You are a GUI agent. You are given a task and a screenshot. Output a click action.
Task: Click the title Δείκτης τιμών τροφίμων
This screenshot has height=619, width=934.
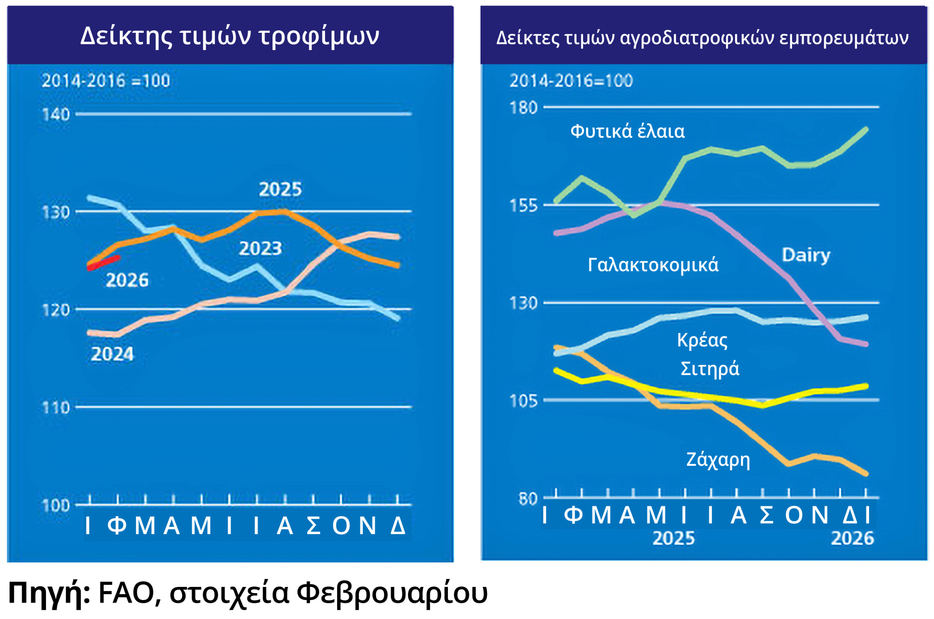[x=229, y=36]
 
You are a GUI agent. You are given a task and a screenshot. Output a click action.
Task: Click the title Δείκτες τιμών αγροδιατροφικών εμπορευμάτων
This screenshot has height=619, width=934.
[x=702, y=38]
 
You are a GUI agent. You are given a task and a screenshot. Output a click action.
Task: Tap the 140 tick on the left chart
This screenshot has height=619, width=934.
[x=56, y=114]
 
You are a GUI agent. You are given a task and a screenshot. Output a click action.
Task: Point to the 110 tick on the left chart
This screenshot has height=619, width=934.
[x=56, y=408]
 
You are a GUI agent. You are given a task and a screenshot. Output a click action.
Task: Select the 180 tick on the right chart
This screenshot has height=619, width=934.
[x=524, y=108]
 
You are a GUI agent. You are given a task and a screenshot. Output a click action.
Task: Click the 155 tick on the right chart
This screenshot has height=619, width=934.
[x=524, y=206]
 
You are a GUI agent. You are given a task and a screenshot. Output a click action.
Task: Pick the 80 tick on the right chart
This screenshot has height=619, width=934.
[x=528, y=499]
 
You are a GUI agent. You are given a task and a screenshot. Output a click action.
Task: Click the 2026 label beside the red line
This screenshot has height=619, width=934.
[x=127, y=280]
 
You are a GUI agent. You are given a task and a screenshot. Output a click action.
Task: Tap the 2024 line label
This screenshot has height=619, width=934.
[x=112, y=354]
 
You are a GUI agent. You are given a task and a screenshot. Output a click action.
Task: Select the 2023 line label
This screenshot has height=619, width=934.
[x=260, y=249]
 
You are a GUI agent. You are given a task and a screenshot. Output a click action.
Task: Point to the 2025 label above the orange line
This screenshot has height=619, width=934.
[x=280, y=190]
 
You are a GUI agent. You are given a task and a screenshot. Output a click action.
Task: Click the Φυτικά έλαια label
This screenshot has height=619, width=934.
[x=628, y=132]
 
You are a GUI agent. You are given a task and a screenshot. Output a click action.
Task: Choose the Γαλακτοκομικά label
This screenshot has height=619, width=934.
[x=653, y=265]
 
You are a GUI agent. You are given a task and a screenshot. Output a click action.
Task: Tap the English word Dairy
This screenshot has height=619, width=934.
[x=806, y=256]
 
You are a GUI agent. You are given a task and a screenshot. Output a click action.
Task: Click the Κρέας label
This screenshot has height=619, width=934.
[x=702, y=340]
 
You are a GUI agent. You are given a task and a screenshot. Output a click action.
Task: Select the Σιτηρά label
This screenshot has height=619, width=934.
[x=710, y=369]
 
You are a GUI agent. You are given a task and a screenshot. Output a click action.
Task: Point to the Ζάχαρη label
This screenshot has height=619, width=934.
[x=718, y=460]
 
